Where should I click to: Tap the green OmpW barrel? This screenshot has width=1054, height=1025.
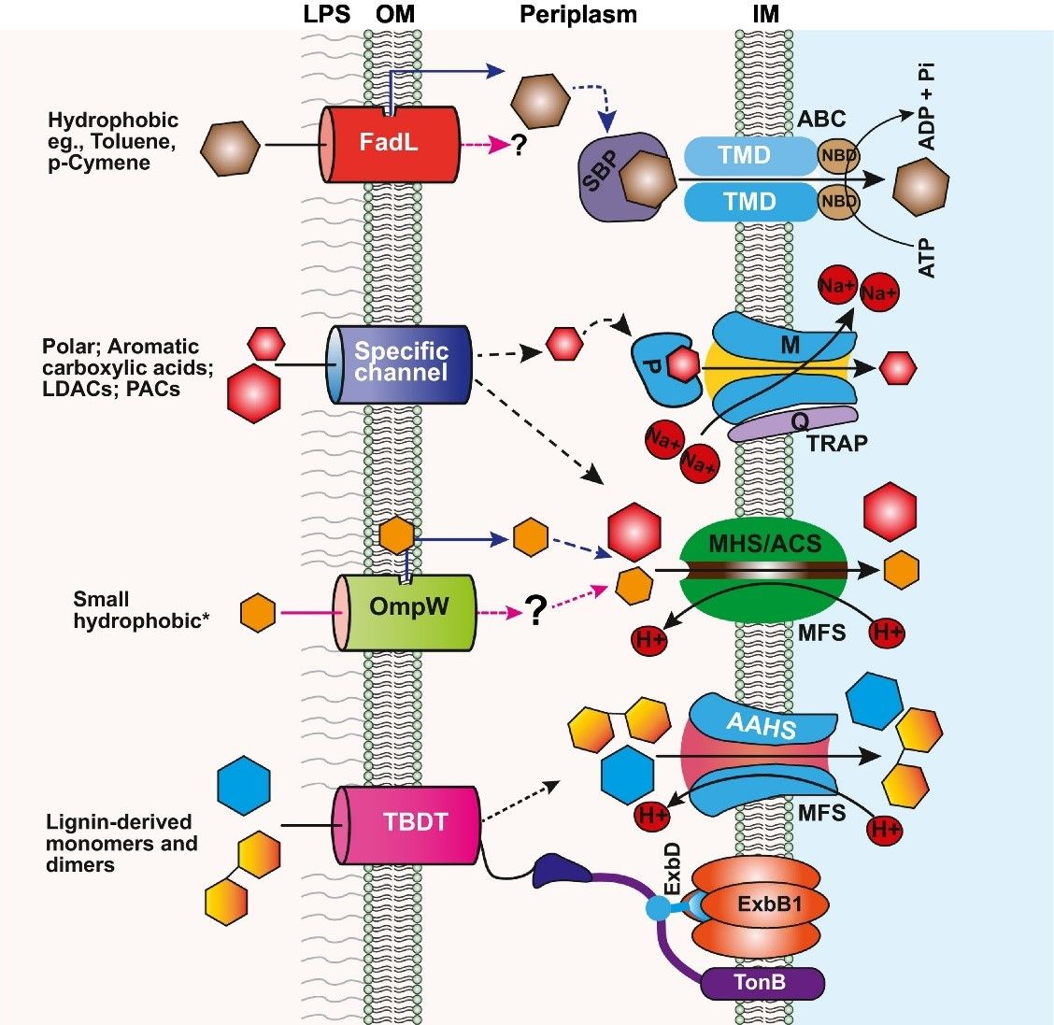(x=406, y=608)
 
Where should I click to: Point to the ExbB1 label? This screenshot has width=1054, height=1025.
(x=769, y=904)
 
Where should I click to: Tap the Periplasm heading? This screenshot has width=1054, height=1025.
(x=578, y=15)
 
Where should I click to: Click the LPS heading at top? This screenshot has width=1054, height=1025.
(x=327, y=15)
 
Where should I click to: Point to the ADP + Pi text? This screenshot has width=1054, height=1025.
(x=927, y=107)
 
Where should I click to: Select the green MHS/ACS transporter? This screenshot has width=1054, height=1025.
(x=764, y=570)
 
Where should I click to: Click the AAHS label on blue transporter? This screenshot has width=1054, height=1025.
(x=762, y=723)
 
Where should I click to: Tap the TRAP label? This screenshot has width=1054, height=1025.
(x=837, y=443)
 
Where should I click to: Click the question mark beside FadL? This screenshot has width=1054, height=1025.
(x=519, y=146)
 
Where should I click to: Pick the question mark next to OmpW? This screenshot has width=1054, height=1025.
(x=534, y=611)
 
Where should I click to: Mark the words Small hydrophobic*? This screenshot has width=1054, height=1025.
(x=140, y=609)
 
